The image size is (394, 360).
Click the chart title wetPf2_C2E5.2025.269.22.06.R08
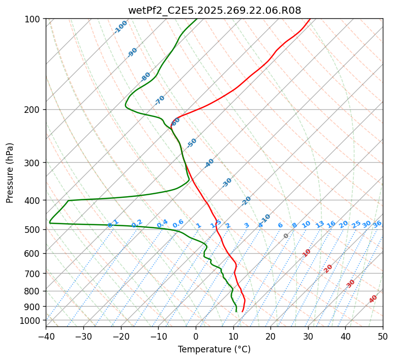(214, 10)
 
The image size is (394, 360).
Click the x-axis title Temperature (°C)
(214, 350)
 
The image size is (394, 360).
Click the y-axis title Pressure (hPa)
(10, 173)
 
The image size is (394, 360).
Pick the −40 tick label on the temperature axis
(46, 337)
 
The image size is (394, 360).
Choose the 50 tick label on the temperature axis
(383, 337)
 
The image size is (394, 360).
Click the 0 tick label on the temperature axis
(196, 337)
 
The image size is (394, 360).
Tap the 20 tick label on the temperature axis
(270, 337)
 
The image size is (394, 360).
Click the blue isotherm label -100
(120, 27)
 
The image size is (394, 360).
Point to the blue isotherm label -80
(146, 77)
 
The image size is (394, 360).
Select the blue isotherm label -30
(227, 183)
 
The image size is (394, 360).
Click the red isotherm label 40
(373, 299)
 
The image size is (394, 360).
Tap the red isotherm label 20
(328, 268)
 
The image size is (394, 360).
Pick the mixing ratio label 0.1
(113, 223)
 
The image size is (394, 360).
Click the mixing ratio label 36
(377, 224)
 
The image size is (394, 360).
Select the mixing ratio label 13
(320, 224)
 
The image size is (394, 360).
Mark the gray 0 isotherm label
(286, 236)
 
